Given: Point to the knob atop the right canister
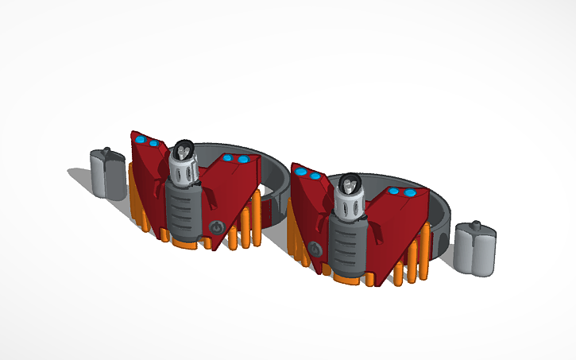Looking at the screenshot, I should coord(477,226).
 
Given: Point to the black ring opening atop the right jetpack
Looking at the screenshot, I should coord(349,184).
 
